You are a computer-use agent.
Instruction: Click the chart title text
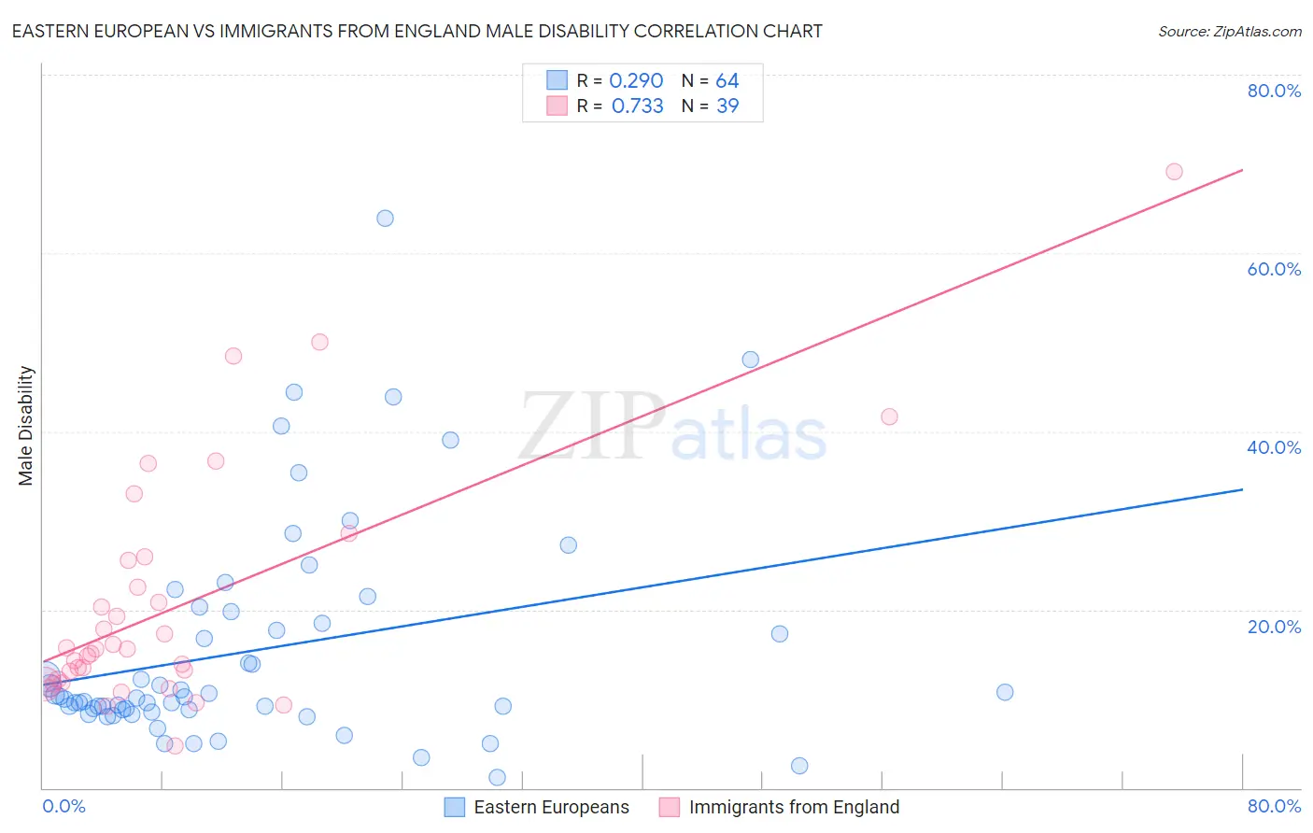click(x=416, y=31)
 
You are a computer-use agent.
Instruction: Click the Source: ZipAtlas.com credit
click(x=1229, y=31)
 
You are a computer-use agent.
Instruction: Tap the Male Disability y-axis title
click(x=26, y=426)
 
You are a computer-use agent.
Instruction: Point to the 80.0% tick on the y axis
click(x=1274, y=91)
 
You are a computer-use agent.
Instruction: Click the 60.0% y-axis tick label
click(x=1274, y=269)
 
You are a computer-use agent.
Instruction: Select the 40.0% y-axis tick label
click(x=1274, y=447)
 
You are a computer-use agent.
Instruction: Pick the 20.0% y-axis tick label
click(x=1274, y=627)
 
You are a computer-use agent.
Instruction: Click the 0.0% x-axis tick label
click(x=64, y=806)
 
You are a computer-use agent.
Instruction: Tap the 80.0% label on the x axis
click(x=1274, y=806)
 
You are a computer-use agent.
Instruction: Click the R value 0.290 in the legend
click(x=636, y=81)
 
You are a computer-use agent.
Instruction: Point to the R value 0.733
click(x=637, y=106)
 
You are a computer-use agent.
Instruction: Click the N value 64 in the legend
click(x=727, y=81)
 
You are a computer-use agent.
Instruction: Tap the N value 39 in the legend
click(x=727, y=106)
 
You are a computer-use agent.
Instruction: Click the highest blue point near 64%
click(x=385, y=219)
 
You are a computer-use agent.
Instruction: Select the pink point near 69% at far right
click(x=1174, y=172)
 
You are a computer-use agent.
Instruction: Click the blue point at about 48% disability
click(x=750, y=360)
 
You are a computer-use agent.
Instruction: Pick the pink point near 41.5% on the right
click(x=889, y=416)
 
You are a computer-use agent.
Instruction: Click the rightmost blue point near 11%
click(x=1005, y=692)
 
